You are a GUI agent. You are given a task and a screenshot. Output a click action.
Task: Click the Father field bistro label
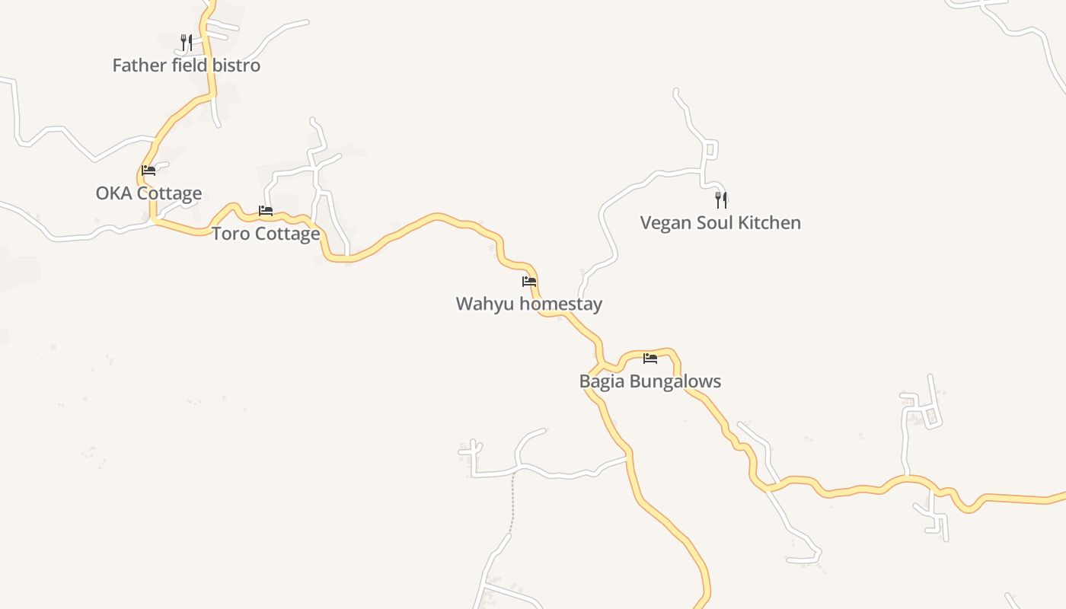pos(187,65)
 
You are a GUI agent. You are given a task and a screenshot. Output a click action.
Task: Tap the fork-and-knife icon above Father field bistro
pos(186,42)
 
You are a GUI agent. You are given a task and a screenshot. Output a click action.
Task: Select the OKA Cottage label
pos(148,193)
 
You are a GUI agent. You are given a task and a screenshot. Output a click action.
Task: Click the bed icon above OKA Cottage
pos(148,171)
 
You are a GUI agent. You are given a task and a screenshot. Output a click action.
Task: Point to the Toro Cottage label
pos(266,234)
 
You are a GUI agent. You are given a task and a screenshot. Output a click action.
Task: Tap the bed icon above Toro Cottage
pos(266,210)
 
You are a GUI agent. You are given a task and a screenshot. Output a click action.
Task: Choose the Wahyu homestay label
pos(529,304)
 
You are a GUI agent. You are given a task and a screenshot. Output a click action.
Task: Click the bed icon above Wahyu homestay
pos(529,282)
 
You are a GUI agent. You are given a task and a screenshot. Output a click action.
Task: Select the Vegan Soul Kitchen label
pos(720,223)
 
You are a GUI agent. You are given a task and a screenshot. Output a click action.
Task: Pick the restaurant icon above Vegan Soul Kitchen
pos(720,200)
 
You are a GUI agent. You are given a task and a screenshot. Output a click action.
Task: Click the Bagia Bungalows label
pos(650,381)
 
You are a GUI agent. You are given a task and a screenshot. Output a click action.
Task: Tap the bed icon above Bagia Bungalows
pos(650,358)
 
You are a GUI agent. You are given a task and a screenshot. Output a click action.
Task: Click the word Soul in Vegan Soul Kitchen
pos(712,223)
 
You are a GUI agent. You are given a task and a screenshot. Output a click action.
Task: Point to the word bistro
pos(236,65)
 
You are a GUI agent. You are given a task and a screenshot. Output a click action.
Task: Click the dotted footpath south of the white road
pos(512,502)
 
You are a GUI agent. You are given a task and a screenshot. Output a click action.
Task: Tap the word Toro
pos(229,234)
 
